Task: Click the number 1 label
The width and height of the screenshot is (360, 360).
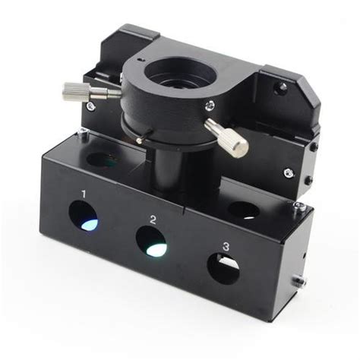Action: [x=84, y=194]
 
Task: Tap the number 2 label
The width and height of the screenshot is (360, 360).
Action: [x=153, y=219]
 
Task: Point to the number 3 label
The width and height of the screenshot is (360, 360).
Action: [x=226, y=247]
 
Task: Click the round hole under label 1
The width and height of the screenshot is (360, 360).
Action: [x=84, y=216]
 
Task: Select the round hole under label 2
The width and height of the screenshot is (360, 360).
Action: [x=152, y=242]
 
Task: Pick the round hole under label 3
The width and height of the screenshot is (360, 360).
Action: [x=223, y=269]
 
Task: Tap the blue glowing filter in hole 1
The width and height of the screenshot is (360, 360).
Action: [x=90, y=225]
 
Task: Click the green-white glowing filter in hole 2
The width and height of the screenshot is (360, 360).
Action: [x=157, y=250]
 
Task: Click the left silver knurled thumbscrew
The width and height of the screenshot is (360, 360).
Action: [x=91, y=92]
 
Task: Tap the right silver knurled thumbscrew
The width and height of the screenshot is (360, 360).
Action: [x=226, y=138]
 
